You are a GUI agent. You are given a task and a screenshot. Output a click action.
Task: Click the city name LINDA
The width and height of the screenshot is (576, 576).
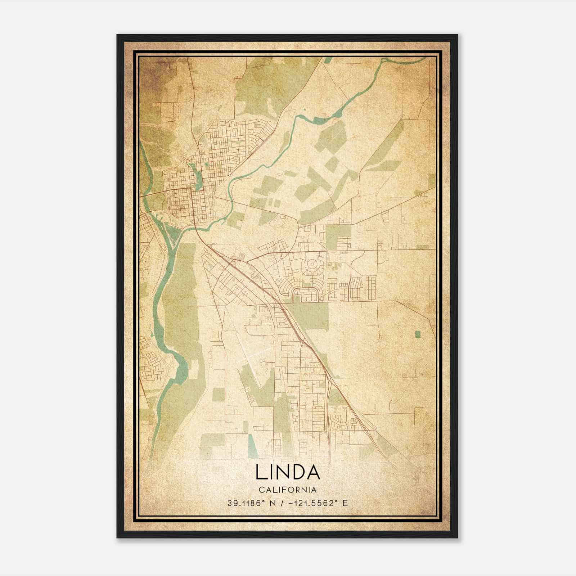click(288, 472)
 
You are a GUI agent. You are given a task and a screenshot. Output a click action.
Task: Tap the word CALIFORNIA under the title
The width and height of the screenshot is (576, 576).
click(288, 490)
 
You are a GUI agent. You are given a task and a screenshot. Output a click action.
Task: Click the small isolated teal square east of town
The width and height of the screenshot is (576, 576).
click(418, 334)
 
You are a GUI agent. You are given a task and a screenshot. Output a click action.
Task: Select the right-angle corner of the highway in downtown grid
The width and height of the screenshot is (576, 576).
click(191, 188)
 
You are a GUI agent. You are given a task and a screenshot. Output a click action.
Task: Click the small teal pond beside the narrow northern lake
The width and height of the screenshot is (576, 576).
click(206, 165)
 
